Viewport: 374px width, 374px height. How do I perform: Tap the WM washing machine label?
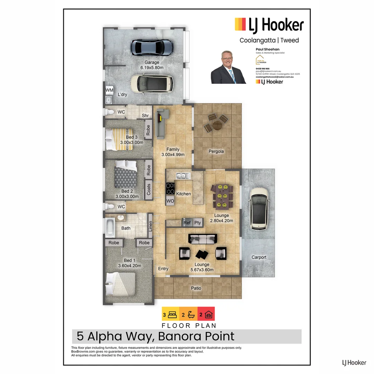tap(109, 90)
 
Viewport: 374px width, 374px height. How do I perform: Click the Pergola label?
tap(216, 151)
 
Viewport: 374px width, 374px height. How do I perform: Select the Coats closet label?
tap(149, 189)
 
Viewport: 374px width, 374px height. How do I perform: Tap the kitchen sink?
tap(181, 176)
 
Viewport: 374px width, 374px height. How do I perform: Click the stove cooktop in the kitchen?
tap(170, 189)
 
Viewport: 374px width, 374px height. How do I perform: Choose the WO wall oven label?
tap(170, 201)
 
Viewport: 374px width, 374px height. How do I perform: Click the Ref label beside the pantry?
tap(187, 223)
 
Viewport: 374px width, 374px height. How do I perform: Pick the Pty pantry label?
tap(198, 223)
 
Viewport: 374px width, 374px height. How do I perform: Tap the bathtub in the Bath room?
tap(110, 227)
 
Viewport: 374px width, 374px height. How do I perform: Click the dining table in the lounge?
tap(222, 196)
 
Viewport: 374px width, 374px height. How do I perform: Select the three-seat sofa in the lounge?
tap(203, 239)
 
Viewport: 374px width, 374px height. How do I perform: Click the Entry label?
tap(163, 269)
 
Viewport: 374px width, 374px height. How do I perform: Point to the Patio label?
tap(196, 288)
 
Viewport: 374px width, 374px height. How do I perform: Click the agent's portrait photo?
tap(229, 67)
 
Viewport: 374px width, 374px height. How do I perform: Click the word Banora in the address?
tap(178, 336)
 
